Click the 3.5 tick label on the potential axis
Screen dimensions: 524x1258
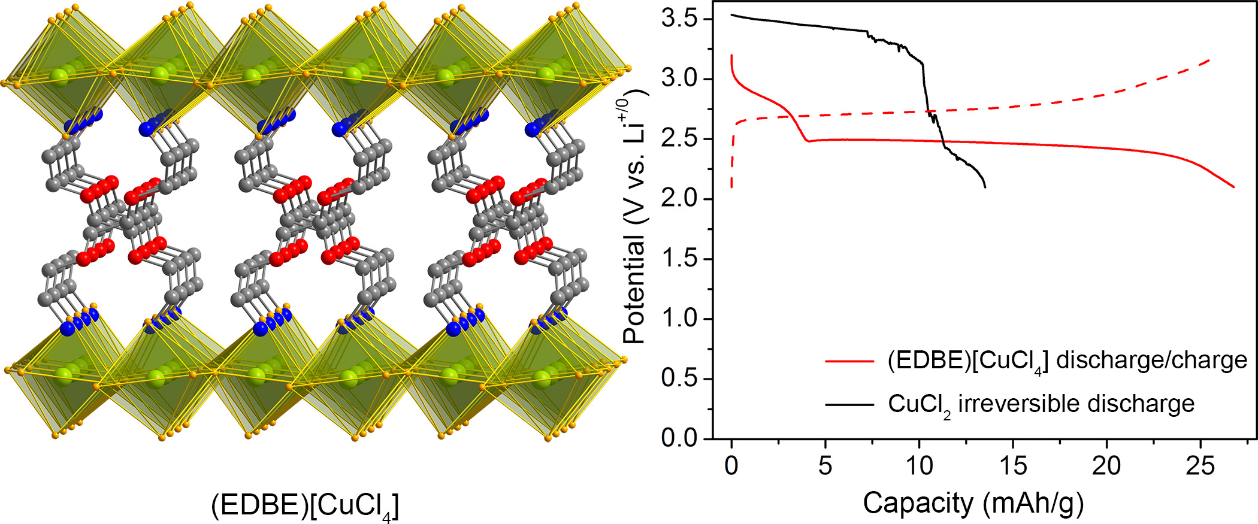[681, 19]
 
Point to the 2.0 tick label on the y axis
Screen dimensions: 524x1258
[681, 199]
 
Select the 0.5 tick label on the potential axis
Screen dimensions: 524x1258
[681, 378]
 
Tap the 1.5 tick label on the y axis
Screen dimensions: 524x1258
[681, 259]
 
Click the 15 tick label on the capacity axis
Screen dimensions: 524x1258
[1012, 466]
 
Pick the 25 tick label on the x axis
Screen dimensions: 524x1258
[1200, 466]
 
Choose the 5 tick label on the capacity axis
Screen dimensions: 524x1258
[825, 466]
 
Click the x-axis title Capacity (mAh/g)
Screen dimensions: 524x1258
[973, 503]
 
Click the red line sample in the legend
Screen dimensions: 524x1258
[849, 361]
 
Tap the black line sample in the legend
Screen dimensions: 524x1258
[849, 404]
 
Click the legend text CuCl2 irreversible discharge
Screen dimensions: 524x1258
[1041, 404]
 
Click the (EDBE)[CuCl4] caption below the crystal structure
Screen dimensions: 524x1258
[305, 507]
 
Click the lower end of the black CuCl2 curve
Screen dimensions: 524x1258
[985, 187]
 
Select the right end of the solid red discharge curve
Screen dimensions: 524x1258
[1234, 187]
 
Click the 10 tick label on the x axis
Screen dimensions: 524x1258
[919, 466]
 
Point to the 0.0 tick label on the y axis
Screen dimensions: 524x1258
[681, 438]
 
